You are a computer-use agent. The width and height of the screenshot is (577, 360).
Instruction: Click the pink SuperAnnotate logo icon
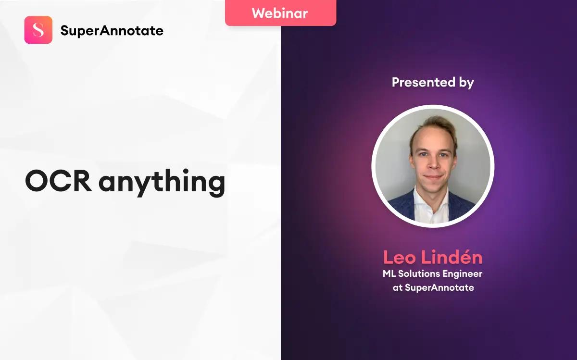pyautogui.click(x=38, y=30)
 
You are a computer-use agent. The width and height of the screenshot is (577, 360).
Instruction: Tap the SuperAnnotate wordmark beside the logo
pyautogui.click(x=112, y=31)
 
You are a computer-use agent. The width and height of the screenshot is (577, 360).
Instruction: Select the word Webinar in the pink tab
pyautogui.click(x=280, y=13)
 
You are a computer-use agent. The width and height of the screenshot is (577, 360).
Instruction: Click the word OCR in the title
pyautogui.click(x=59, y=181)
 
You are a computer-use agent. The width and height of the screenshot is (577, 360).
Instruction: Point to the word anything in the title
pyautogui.click(x=162, y=183)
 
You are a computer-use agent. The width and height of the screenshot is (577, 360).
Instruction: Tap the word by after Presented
pyautogui.click(x=466, y=83)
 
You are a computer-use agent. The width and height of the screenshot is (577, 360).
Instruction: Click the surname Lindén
pyautogui.click(x=452, y=257)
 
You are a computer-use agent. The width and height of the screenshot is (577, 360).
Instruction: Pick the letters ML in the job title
pyautogui.click(x=389, y=274)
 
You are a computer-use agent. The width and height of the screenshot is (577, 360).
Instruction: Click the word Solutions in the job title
pyautogui.click(x=419, y=274)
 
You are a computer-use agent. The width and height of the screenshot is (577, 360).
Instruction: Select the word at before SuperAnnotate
pyautogui.click(x=398, y=287)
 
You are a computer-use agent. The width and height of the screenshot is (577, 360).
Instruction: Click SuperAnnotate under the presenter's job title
pyautogui.click(x=439, y=287)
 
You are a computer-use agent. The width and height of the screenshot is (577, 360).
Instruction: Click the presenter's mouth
pyautogui.click(x=433, y=177)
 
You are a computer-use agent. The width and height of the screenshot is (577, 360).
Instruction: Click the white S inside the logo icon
pyautogui.click(x=38, y=30)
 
